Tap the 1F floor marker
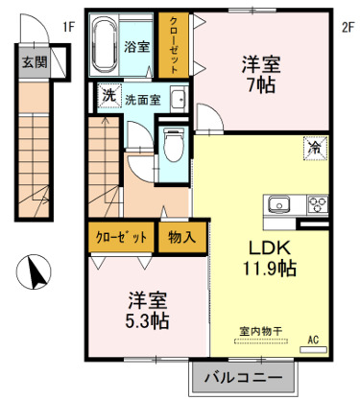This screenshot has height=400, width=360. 68,27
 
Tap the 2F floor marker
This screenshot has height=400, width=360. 346,27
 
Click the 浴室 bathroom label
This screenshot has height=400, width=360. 136,45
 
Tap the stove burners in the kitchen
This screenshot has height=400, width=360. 316,203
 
